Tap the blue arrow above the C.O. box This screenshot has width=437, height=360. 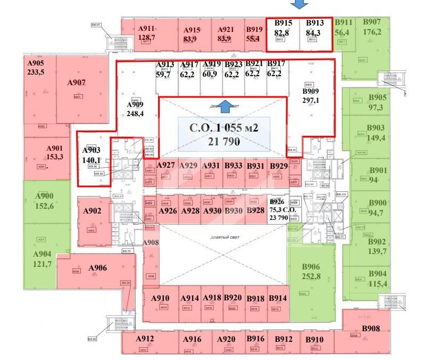click(226, 106)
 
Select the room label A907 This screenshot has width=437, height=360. click(77, 83)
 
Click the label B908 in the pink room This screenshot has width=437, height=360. click(371, 329)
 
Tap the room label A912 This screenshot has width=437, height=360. click(145, 339)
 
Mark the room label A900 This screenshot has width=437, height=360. click(44, 196)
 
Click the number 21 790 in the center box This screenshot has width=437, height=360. click(224, 142)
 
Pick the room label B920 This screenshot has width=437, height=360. click(233, 298)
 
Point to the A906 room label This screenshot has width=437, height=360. click(98, 267)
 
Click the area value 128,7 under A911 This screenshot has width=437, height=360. click(146, 38)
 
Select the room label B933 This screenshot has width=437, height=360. click(233, 166)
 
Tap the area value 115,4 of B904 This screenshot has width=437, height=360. click(378, 283)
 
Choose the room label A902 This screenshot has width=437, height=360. click(92, 210)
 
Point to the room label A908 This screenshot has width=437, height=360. click(151, 243)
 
